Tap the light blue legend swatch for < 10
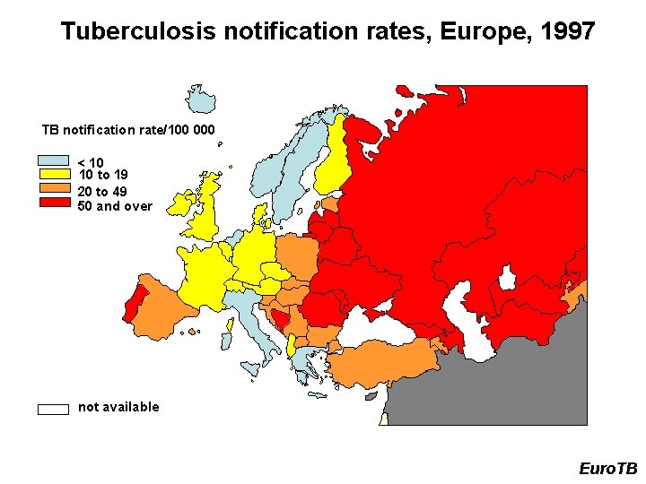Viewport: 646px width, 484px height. click(53, 162)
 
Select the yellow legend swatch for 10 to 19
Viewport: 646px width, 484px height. click(53, 174)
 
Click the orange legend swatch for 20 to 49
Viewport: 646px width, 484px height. click(53, 189)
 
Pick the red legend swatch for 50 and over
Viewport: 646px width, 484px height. click(53, 203)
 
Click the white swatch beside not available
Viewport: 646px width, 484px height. click(53, 409)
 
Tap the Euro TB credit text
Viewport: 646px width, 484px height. click(607, 469)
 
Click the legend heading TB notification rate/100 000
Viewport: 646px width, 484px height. click(128, 130)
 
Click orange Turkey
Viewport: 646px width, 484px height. click(386, 364)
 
